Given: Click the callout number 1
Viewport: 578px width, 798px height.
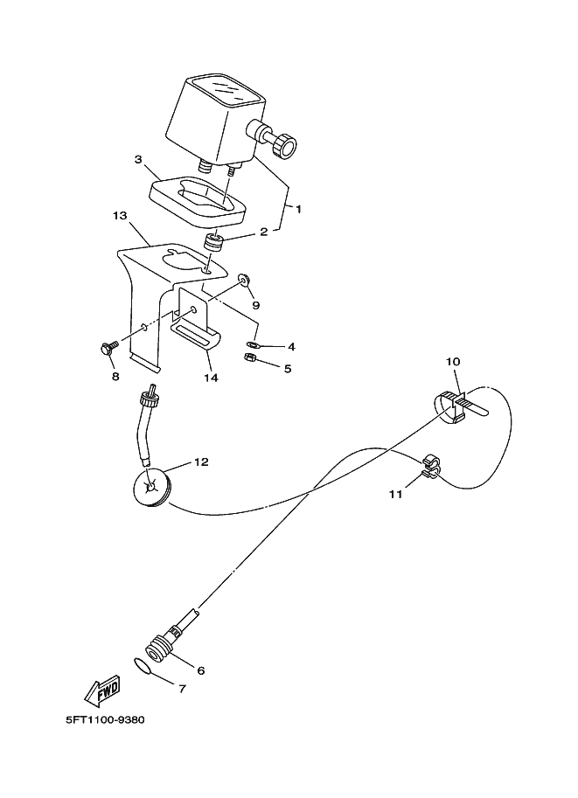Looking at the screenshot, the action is [x=298, y=209].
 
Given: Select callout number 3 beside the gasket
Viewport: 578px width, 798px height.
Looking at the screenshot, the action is [x=138, y=160].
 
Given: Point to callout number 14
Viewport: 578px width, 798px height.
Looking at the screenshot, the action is [x=210, y=378].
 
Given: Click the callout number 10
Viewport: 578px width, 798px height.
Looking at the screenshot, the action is [x=453, y=361].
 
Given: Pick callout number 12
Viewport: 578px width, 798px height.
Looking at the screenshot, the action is [x=201, y=462].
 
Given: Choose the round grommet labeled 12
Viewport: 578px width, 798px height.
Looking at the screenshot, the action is [x=157, y=487].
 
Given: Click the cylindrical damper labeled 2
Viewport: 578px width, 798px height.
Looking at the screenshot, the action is [x=214, y=241].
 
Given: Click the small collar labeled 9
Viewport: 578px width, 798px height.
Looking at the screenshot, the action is [x=244, y=280].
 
